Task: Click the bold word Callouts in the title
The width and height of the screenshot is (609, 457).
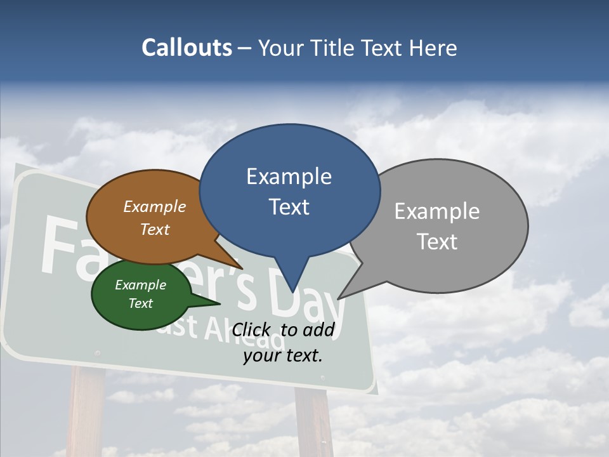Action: pos(187,48)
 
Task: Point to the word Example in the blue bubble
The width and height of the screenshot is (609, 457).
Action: pos(289,176)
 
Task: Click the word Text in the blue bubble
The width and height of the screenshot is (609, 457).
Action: pos(289,207)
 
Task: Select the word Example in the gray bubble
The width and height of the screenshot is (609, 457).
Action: pos(437,211)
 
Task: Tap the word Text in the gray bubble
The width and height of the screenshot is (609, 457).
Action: pos(437,242)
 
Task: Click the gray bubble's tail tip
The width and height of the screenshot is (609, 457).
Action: pos(338,298)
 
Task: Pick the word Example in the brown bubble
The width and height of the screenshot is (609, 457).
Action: pos(155,207)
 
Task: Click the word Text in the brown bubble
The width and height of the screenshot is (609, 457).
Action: pos(155,229)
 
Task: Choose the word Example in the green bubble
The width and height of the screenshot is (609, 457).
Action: pos(141,285)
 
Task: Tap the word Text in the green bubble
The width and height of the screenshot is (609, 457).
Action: pos(141,303)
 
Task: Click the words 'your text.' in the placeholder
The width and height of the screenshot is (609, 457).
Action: pos(283,355)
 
